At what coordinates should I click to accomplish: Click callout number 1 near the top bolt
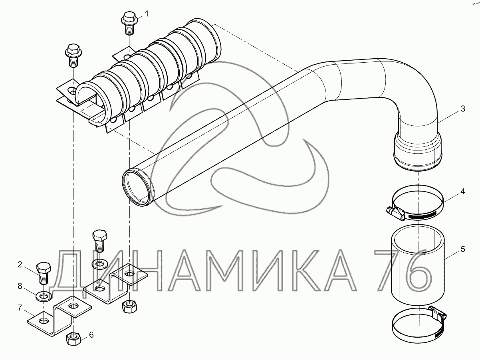[x=147, y=14]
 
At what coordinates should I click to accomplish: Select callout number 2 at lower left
[x=20, y=265]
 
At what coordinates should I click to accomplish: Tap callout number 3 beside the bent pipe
[x=463, y=109]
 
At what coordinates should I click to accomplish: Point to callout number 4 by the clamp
[x=462, y=192]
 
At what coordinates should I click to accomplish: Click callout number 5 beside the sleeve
[x=463, y=249]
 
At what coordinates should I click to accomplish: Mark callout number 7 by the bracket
[x=20, y=308]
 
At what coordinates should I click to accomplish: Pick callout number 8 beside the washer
[x=20, y=286]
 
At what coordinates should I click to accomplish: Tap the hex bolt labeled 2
[x=44, y=273]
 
